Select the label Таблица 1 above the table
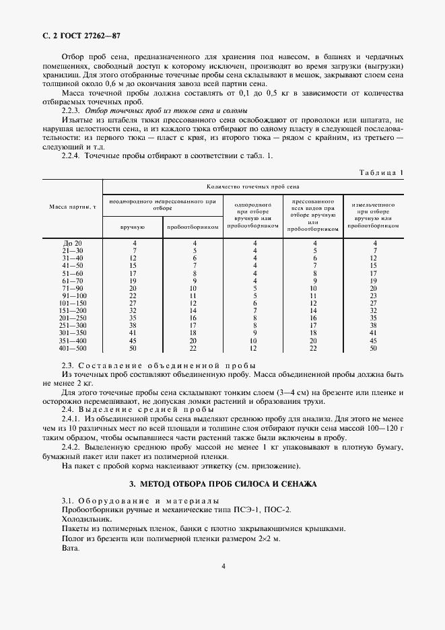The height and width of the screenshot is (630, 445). pos(380,173)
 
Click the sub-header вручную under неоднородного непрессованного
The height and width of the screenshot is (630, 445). pos(133,227)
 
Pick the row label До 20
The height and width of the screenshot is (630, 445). pos(72,243)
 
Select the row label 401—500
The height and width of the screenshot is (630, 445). pos(72,348)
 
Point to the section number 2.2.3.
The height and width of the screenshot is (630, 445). pos(71,110)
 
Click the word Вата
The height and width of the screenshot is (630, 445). pos(70,548)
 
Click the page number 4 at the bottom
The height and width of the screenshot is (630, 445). pos(223,566)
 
